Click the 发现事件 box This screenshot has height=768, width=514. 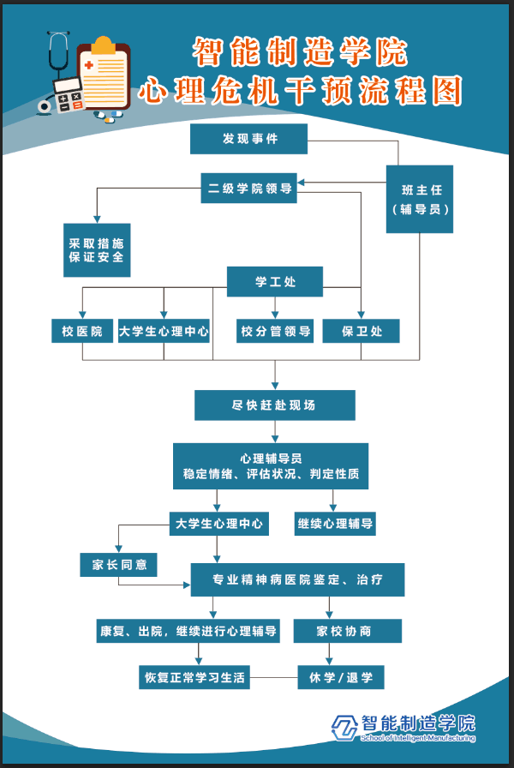coord(248,139)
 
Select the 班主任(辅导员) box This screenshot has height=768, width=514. coord(420,199)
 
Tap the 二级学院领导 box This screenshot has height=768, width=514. coord(249,189)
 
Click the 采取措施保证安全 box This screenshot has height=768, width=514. coord(97,249)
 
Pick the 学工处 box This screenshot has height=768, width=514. coord(274,281)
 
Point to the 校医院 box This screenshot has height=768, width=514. coord(82,331)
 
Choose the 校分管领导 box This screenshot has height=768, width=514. coord(275,331)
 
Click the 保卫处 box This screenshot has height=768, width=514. coord(361,331)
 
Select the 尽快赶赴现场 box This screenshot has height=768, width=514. coord(274,405)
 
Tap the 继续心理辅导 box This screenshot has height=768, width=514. coord(335,523)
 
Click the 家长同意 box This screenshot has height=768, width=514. coord(119,565)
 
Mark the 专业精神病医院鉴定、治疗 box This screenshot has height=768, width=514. coord(297,580)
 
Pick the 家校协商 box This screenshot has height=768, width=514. coord(347,632)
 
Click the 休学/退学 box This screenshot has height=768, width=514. coord(341,678)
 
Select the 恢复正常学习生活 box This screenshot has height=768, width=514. coord(194,678)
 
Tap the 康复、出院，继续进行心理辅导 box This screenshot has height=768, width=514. coord(188,632)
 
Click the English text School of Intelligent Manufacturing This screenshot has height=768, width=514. coord(418,738)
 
